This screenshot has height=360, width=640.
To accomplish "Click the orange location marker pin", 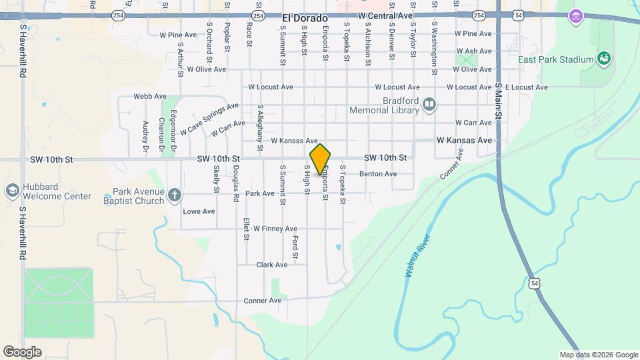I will [320, 159].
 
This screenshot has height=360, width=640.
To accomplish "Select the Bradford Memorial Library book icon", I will [430, 104].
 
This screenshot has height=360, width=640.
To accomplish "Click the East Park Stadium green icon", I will [604, 59].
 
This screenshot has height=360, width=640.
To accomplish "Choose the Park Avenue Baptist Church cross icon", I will [175, 195].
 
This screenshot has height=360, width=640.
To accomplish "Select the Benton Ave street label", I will [378, 174].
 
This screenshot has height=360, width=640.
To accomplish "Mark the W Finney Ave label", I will [275, 229].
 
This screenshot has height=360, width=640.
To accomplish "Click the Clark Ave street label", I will [272, 265].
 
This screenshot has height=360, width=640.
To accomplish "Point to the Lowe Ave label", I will [199, 211].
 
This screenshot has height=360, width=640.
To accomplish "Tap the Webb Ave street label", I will [150, 97].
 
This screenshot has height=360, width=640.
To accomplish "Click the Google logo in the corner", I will [21, 352].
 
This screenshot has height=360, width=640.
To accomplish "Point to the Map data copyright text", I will [599, 355].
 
